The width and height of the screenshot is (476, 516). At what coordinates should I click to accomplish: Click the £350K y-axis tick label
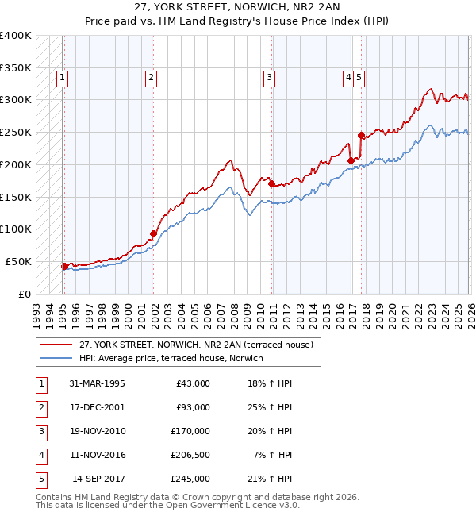click(16, 67)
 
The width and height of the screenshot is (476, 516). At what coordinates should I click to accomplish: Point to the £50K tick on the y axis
click(18, 261)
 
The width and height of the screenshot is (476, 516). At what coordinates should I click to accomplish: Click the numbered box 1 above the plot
click(62, 78)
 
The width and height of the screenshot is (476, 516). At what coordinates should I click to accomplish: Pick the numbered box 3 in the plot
click(270, 78)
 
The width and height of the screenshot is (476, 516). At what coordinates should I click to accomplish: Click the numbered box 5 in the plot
click(359, 78)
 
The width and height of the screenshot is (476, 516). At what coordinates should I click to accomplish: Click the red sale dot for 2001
click(153, 233)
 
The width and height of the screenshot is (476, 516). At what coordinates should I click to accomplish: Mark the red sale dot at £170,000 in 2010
click(271, 183)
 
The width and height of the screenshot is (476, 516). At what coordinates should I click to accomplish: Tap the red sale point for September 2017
click(361, 135)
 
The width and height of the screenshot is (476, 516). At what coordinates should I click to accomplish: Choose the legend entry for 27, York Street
click(197, 345)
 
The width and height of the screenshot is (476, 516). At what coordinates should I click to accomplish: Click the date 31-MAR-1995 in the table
click(97, 383)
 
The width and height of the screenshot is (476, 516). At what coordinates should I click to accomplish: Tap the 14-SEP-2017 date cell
click(98, 479)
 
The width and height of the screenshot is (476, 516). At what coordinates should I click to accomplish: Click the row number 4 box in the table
click(40, 455)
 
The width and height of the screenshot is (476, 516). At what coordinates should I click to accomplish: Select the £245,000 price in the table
click(190, 479)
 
